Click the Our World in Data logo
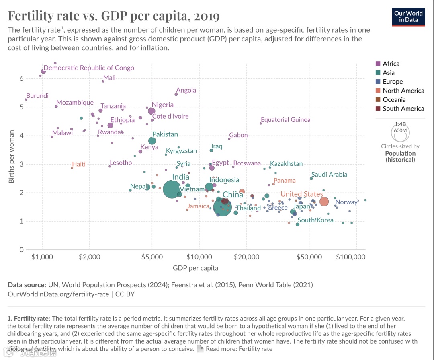click(x=409, y=16)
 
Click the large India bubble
click(x=172, y=189)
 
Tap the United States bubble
click(x=324, y=202)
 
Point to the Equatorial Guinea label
click(x=285, y=119)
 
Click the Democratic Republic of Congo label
click(x=89, y=68)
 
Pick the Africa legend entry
click(x=391, y=64)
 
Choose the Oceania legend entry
click(x=394, y=99)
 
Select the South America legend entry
click(x=403, y=109)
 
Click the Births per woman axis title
click(x=12, y=156)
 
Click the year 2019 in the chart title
click(x=207, y=16)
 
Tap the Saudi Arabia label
click(x=329, y=175)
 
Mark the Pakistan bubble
click(x=152, y=141)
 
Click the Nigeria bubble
click(x=151, y=111)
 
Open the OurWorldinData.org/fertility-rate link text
click(x=58, y=294)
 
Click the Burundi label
click(x=37, y=96)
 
